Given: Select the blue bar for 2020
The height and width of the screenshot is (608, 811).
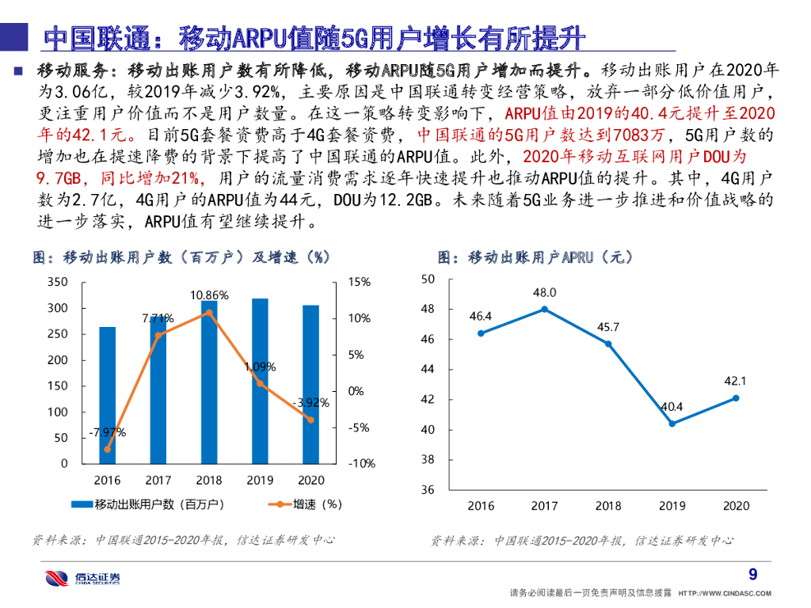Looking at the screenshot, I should click(x=310, y=384).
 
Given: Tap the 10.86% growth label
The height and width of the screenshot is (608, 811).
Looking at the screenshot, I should click(x=209, y=295).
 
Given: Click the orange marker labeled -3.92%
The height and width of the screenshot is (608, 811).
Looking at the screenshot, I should click(x=310, y=420).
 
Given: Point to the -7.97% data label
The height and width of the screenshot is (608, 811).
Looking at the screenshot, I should click(x=107, y=432).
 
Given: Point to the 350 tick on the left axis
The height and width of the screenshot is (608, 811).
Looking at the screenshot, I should click(x=57, y=282).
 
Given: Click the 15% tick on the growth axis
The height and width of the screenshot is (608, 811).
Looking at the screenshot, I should click(x=359, y=282).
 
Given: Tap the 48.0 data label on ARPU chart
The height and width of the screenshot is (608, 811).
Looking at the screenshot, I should click(x=544, y=292).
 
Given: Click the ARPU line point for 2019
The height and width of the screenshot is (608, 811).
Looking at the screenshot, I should click(x=672, y=424).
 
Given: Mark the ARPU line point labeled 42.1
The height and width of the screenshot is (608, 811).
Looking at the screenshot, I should click(x=736, y=397).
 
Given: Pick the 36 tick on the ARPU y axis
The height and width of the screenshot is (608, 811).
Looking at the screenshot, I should click(x=428, y=490).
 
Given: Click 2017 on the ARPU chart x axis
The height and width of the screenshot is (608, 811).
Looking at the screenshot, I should click(x=544, y=506).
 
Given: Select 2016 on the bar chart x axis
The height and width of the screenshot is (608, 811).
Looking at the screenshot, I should click(x=107, y=480).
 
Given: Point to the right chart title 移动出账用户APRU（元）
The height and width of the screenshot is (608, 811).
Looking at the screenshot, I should click(x=535, y=257).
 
